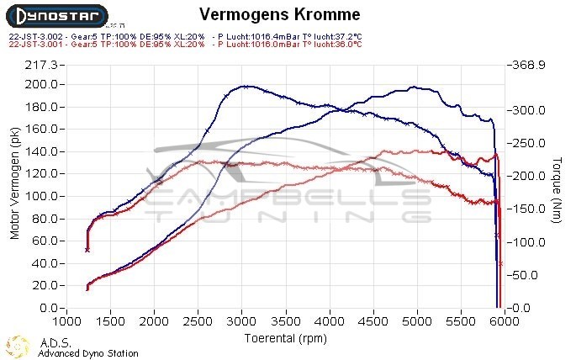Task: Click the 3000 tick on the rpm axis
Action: pos(241,321)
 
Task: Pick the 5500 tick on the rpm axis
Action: pos(460,321)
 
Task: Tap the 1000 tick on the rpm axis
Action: pos(66,321)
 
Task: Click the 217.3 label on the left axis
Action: pos(42,65)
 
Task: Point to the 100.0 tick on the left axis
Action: pos(42,196)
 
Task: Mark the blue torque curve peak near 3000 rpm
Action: pos(244,86)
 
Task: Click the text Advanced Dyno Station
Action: pos(87,353)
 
